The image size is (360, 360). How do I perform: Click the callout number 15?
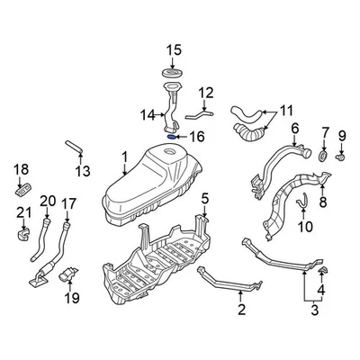pos(172,49)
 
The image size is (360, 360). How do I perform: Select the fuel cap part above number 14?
pos(171,71)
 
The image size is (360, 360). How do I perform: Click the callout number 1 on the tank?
pos(125,157)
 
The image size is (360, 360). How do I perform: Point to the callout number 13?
pos(82,170)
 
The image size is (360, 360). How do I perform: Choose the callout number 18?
pos(22,168)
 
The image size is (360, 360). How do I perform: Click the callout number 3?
pos(314,312)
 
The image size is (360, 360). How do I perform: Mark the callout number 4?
pos(323,290)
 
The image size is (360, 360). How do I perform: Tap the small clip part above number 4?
pos(322,267)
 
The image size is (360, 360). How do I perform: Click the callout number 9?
pos(342,136)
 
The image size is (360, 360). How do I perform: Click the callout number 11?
pos(286,111)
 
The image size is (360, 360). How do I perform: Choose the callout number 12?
pos(206,92)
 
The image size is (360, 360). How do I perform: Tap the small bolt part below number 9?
pos(342,157)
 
